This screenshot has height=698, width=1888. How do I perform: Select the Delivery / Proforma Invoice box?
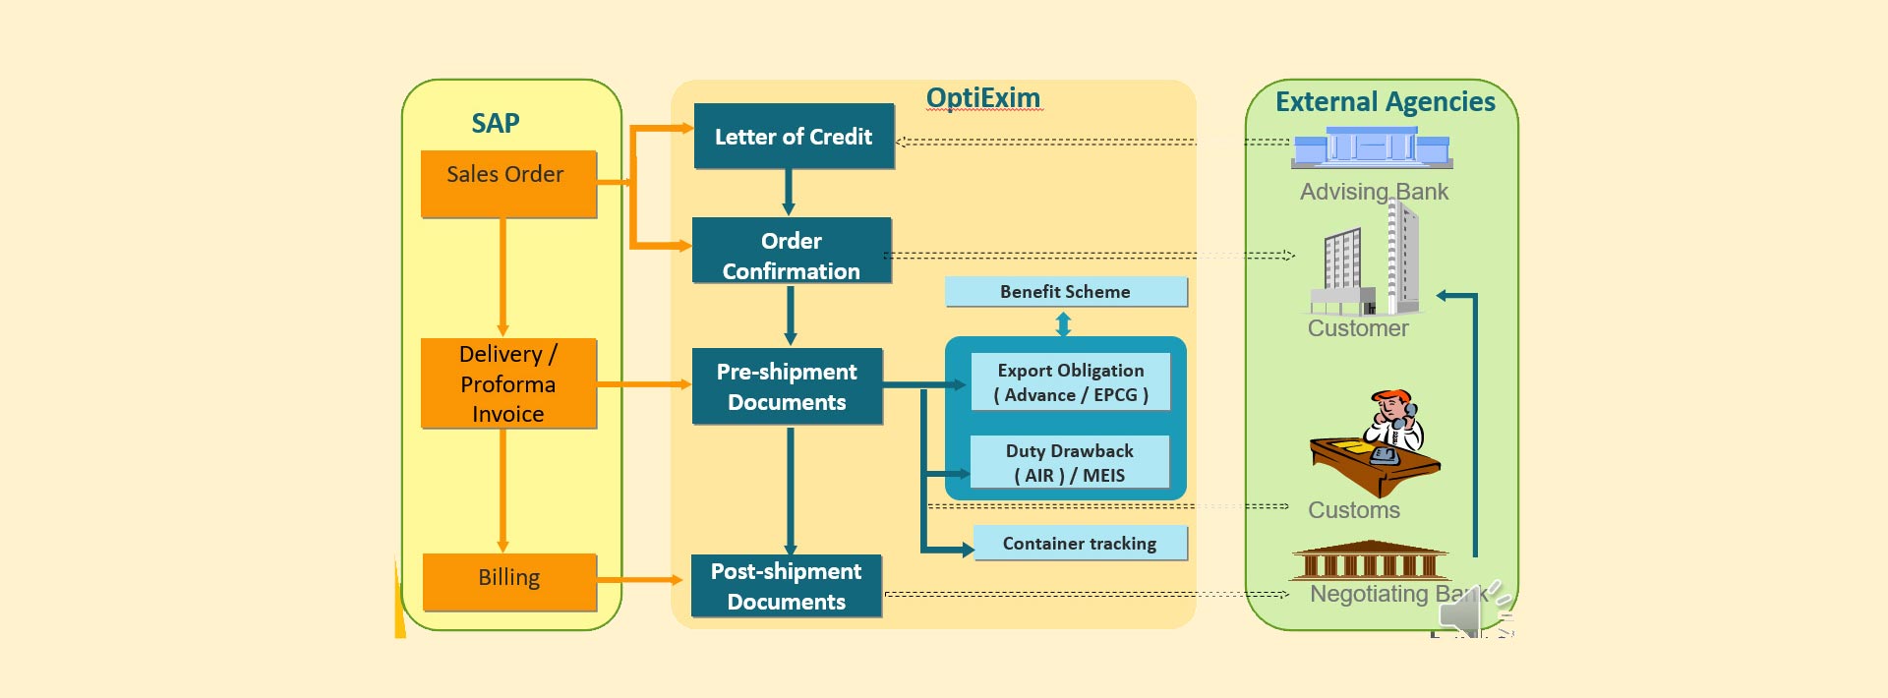click(508, 383)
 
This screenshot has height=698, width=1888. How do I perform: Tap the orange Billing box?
click(509, 581)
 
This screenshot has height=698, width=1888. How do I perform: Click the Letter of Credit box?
click(794, 137)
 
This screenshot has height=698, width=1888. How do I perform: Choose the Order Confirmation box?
click(792, 252)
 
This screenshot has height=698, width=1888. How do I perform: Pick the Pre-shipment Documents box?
click(787, 386)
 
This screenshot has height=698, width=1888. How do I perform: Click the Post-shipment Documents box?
click(787, 586)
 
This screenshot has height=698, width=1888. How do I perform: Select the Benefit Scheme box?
click(1066, 292)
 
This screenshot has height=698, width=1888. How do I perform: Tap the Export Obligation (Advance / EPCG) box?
click(1071, 382)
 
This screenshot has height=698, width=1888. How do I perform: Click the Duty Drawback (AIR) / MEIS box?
click(1070, 462)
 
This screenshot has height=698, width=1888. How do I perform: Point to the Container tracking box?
click(1080, 544)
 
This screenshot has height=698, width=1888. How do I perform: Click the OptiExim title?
click(983, 98)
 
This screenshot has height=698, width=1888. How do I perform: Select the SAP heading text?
click(496, 124)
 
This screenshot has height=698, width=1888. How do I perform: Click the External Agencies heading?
click(1385, 102)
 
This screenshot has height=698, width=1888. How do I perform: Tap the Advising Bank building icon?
click(1372, 149)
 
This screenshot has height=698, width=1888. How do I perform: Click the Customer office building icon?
click(1367, 261)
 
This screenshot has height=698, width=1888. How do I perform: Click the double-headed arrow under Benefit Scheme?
click(1063, 323)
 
